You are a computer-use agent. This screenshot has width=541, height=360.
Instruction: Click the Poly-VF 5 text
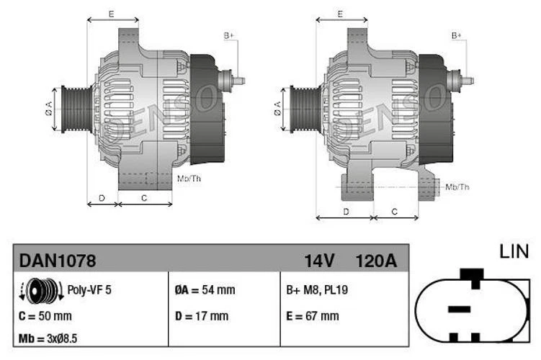pyautogui.click(x=89, y=291)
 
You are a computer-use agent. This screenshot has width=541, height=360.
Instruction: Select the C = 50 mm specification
pyautogui.click(x=45, y=315)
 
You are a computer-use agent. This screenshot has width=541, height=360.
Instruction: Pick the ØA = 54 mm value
pyautogui.click(x=205, y=291)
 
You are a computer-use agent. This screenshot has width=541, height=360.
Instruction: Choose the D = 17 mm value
pyautogui.click(x=201, y=315)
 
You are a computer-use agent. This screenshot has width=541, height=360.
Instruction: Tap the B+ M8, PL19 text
pyautogui.click(x=317, y=291)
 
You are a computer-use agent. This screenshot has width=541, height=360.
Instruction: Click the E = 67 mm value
pyautogui.click(x=312, y=315)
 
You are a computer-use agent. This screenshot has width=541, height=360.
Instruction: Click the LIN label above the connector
pyautogui.click(x=514, y=251)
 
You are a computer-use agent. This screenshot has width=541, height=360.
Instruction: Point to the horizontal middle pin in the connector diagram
pyautogui.click(x=458, y=310)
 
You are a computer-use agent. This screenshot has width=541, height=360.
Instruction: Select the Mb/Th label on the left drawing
pyautogui.click(x=189, y=177)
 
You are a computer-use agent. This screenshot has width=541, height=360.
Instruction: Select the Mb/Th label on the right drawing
pyautogui.click(x=457, y=187)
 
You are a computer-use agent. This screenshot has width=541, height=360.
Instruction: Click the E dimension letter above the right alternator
pyautogui.click(x=339, y=14)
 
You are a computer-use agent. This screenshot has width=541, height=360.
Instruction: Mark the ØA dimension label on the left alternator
pyautogui.click(x=48, y=109)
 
